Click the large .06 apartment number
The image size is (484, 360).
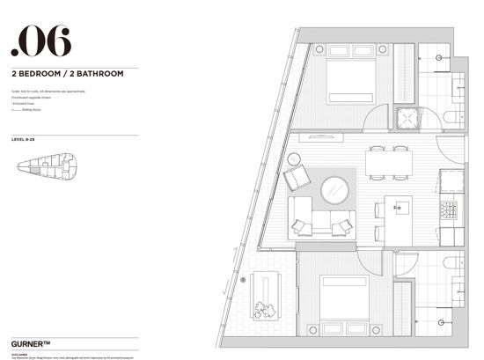pos(41,42)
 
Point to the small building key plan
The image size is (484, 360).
pos(48,163)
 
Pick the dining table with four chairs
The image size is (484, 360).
pos(388,161)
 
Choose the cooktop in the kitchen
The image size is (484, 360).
pos(448,210)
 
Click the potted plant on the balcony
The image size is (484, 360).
pos(263,309)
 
